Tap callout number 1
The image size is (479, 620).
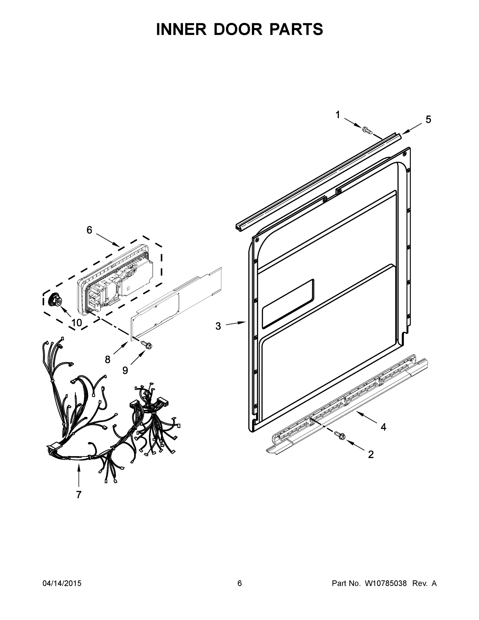coord(338,115)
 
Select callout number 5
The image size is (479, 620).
coord(428,120)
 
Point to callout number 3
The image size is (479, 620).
coord(218,326)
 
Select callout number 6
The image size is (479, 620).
coord(89,230)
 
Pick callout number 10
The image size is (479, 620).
coord(77,322)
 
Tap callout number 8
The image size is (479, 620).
coord(107,360)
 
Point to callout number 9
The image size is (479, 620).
coord(125,370)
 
